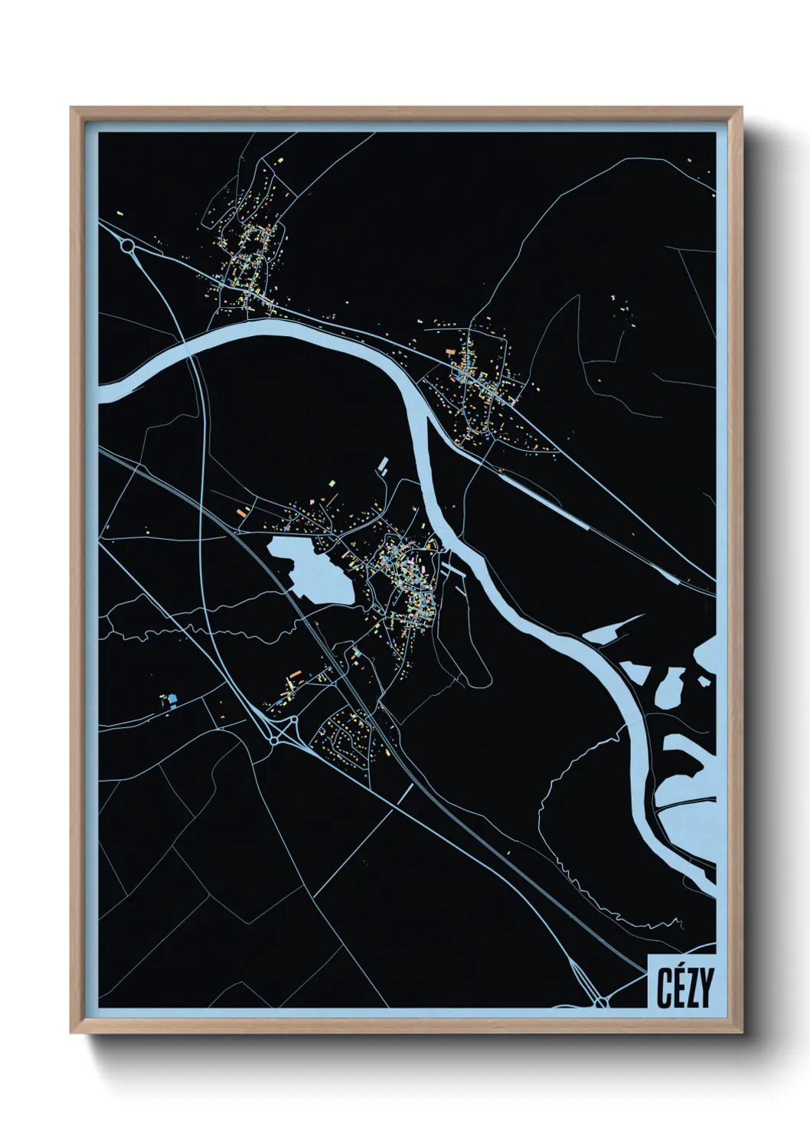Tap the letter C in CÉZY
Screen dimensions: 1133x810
tap(663, 988)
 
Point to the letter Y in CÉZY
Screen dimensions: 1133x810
tap(706, 988)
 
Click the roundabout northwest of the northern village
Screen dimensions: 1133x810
tap(128, 246)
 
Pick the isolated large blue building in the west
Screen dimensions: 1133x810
tap(172, 698)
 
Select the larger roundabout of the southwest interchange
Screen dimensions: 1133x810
tap(273, 741)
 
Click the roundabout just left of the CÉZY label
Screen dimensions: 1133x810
tap(602, 1001)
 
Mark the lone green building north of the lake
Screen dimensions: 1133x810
tap(332, 483)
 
